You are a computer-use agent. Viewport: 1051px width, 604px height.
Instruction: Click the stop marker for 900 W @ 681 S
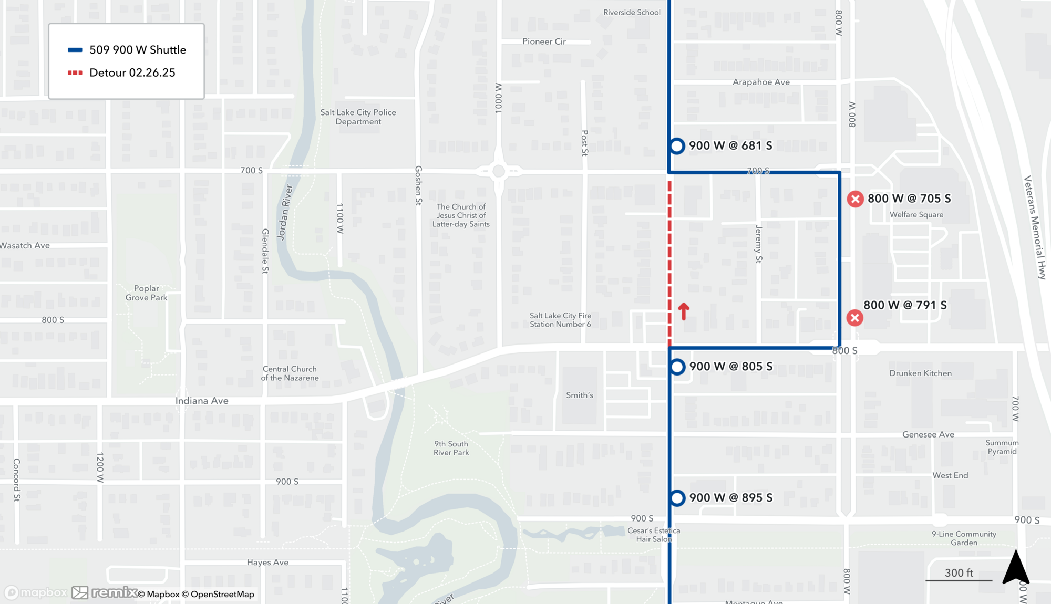[677, 145]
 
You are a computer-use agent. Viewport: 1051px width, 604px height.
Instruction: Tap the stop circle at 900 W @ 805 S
[677, 367]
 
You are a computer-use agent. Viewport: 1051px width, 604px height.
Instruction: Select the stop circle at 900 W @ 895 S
[677, 498]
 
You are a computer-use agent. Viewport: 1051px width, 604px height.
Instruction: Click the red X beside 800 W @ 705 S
[855, 199]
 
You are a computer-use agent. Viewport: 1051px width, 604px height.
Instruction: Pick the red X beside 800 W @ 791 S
[854, 318]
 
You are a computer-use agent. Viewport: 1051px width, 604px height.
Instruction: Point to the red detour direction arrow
[683, 311]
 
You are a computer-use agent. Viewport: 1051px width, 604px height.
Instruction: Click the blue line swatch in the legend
[75, 50]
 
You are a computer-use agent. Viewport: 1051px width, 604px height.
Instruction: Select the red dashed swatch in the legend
[75, 72]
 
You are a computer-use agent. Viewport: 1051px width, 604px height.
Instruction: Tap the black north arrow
[1015, 567]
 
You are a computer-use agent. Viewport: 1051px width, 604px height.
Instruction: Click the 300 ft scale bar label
[959, 572]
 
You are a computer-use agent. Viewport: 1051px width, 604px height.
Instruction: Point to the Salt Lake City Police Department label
[358, 117]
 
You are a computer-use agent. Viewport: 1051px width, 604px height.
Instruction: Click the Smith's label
[579, 395]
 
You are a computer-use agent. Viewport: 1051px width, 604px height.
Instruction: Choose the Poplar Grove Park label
[146, 293]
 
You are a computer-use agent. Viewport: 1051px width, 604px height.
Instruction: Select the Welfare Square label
[916, 214]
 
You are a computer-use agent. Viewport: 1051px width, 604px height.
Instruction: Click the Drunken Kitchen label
[920, 373]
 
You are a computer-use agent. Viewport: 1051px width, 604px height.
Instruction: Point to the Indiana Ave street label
[202, 401]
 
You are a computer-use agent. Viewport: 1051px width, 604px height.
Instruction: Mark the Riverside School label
[632, 12]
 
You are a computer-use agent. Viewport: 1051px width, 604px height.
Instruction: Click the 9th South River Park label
[451, 448]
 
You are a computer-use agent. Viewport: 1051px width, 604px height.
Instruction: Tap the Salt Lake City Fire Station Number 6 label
[560, 320]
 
